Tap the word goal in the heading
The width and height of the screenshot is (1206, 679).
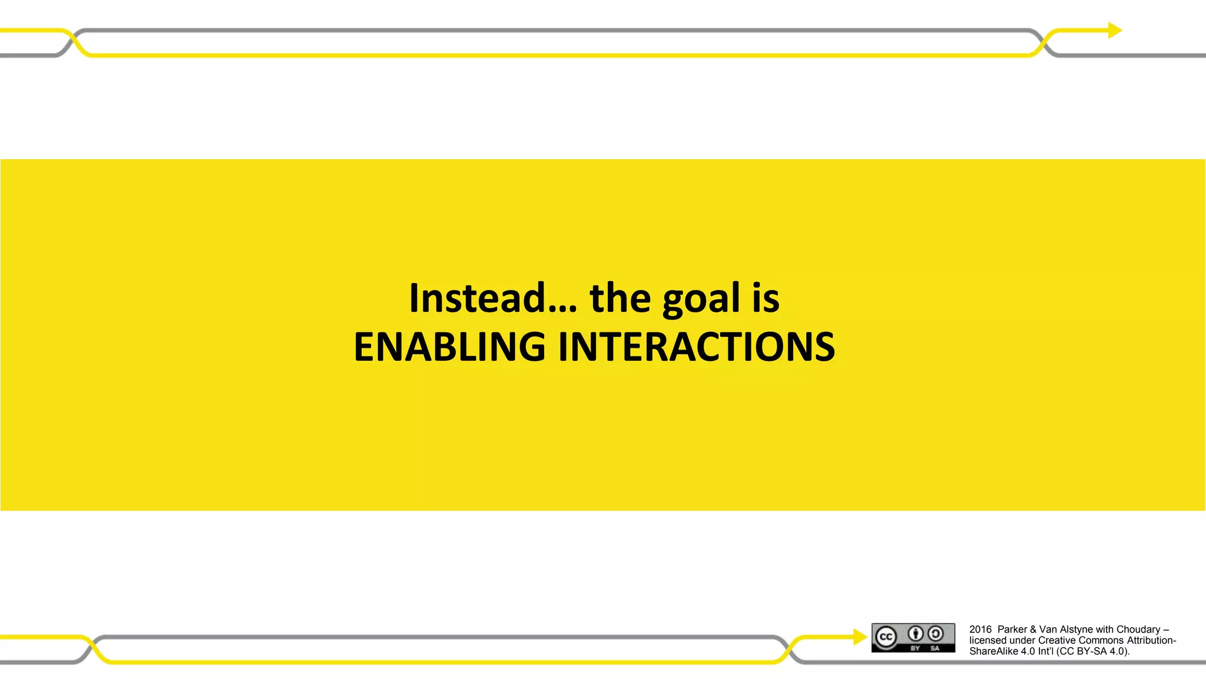pyautogui.click(x=701, y=299)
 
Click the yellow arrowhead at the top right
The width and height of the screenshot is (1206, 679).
pyautogui.click(x=1115, y=30)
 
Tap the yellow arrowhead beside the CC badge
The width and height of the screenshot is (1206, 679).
pyautogui.click(x=860, y=637)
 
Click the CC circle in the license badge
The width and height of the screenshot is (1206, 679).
pyautogui.click(x=886, y=637)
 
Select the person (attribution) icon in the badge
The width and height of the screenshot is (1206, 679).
pyautogui.click(x=915, y=634)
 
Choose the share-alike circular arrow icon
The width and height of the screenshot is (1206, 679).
pyautogui.click(x=935, y=634)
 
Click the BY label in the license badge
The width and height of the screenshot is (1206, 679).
pyautogui.click(x=915, y=648)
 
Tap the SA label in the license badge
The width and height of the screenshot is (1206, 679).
pyautogui.click(x=935, y=648)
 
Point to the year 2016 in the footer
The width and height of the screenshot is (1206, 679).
pyautogui.click(x=980, y=629)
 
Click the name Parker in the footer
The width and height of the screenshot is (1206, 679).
pyautogui.click(x=1012, y=629)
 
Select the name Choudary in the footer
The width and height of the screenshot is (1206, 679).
pyautogui.click(x=1138, y=629)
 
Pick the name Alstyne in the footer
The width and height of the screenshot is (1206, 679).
pyautogui.click(x=1076, y=629)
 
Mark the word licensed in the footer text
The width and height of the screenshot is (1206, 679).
pyautogui.click(x=988, y=640)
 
